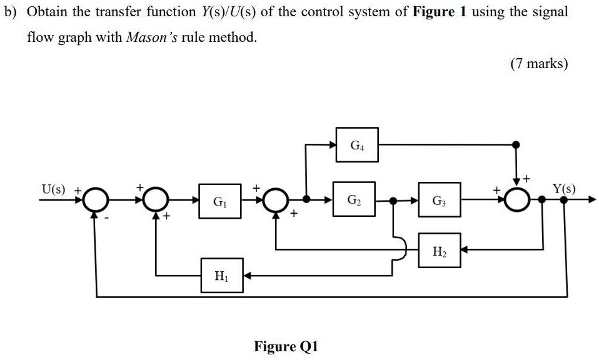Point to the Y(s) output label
(x=564, y=189)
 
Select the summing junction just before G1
(x=155, y=201)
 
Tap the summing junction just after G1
(x=276, y=201)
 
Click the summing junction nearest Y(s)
(x=516, y=201)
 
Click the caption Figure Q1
(x=286, y=346)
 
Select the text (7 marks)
(x=539, y=63)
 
